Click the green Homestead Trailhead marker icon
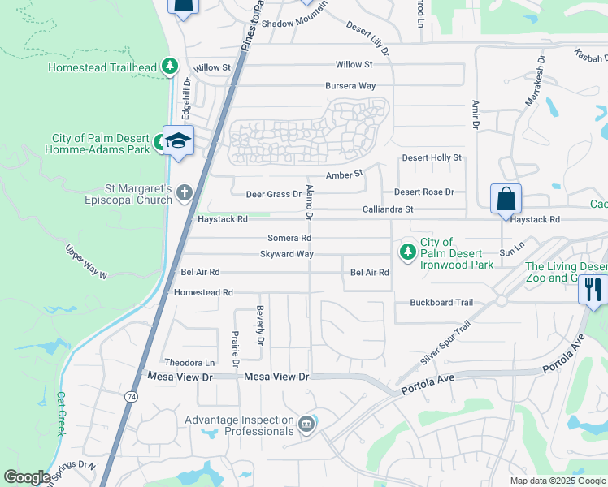(169, 67)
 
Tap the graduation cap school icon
(178, 141)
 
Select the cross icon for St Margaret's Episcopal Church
(185, 192)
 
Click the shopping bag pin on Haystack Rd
(505, 199)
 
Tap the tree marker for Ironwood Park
(406, 252)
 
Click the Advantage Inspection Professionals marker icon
(306, 424)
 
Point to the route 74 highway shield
(130, 396)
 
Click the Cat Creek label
(60, 413)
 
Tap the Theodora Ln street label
(190, 362)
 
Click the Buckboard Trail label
(441, 303)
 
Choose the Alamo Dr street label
(309, 202)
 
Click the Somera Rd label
(289, 238)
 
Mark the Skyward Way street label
(286, 254)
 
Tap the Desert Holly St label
(432, 157)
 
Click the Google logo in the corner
(27, 477)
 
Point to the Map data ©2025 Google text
(557, 481)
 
